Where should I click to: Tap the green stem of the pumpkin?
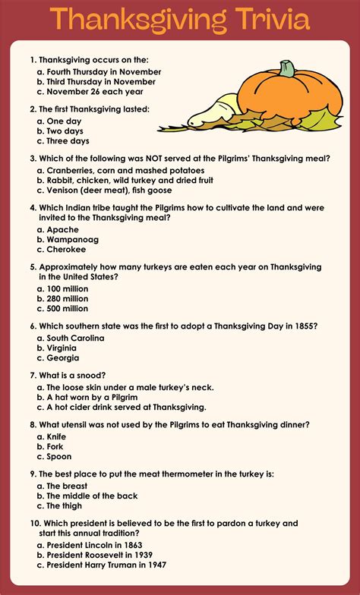pyautogui.click(x=286, y=69)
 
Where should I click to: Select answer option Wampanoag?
pyautogui.click(x=72, y=239)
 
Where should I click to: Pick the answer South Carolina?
pyautogui.click(x=75, y=338)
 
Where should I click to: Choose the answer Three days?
pyautogui.click(x=68, y=140)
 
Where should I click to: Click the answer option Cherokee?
pyautogui.click(x=67, y=249)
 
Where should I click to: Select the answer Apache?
pyautogui.click(x=62, y=229)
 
